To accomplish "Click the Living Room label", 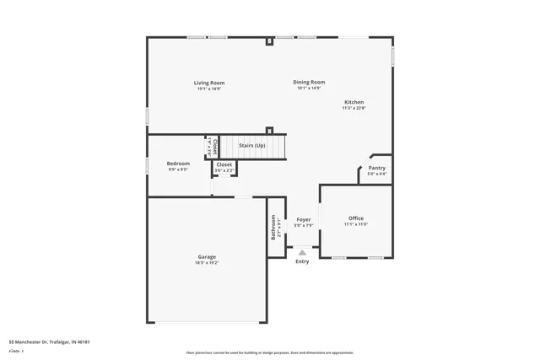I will (x=209, y=83).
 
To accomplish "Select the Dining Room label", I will (x=309, y=82).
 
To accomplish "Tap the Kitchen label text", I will (x=353, y=101).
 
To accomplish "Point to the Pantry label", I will (x=376, y=168).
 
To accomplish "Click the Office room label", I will (x=355, y=218).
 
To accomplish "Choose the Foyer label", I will (x=302, y=219).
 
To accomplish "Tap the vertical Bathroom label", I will (x=273, y=226).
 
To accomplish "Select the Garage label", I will (x=207, y=256).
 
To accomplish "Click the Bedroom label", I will (x=178, y=163).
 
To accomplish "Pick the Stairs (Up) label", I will (x=252, y=146).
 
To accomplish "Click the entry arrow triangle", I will (x=302, y=251).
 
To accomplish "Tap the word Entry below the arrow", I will (x=302, y=261).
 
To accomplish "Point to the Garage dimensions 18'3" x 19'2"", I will (x=207, y=263).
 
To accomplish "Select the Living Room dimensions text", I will (x=209, y=89).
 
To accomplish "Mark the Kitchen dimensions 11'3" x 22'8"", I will (x=353, y=108).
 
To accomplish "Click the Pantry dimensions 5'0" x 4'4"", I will (x=376, y=175).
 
